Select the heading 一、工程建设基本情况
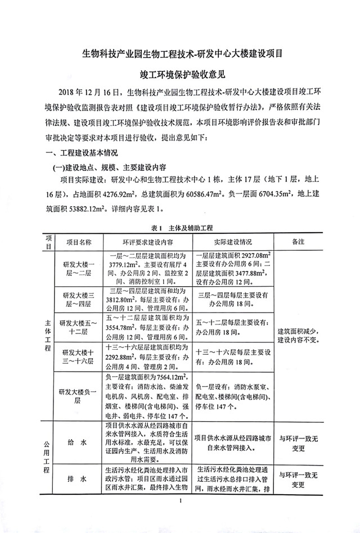78,153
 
